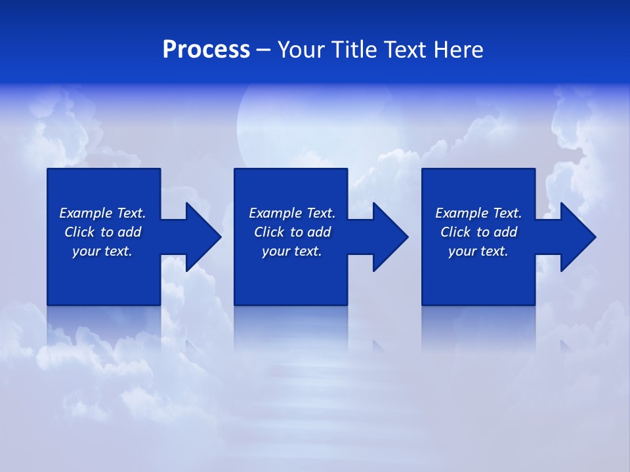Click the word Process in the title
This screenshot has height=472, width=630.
pos(206,50)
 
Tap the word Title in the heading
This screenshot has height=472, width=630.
pos(354,50)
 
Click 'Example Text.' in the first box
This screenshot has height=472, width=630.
pos(102,213)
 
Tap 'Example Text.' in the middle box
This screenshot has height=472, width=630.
pos(292,213)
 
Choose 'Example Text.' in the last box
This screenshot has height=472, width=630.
pos(478,213)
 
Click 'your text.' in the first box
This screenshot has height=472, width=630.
pos(102,251)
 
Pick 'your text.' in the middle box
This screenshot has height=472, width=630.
pos(292,251)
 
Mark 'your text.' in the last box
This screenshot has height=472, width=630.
pos(478,251)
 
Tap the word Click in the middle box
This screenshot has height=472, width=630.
pos(269,232)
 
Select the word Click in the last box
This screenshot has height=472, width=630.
pos(455,232)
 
